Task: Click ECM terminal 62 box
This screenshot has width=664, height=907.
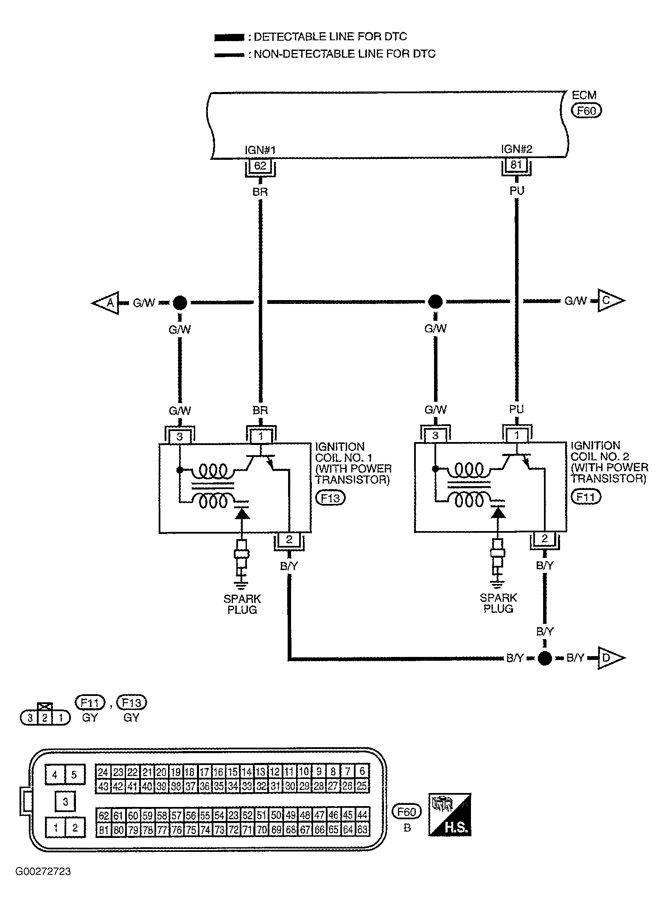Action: [260, 165]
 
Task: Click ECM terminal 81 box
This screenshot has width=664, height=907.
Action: [516, 164]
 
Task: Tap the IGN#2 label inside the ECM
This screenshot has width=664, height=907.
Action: [516, 149]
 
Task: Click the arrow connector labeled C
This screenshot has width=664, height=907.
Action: [610, 300]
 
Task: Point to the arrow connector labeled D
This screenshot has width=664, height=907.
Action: [610, 658]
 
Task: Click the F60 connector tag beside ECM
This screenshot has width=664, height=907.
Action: [586, 111]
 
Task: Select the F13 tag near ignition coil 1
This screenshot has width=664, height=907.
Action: [331, 498]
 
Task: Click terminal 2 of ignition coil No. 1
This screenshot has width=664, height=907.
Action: [289, 540]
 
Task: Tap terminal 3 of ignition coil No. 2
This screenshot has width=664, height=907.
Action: [435, 435]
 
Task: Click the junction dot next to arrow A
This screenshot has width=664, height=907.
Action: [179, 303]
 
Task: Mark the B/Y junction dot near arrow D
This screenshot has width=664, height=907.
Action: [545, 658]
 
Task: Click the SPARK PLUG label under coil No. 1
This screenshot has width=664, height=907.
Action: [242, 604]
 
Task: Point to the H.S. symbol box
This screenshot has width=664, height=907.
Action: [450, 814]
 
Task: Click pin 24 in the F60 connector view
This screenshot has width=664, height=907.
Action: [103, 771]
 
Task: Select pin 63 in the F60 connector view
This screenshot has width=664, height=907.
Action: [362, 829]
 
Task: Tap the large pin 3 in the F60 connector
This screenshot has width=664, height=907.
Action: [65, 801]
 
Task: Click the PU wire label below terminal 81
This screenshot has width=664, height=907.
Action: [517, 191]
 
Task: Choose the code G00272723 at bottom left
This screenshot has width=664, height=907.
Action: [43, 872]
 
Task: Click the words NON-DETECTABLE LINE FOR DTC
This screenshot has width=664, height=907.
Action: [344, 54]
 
